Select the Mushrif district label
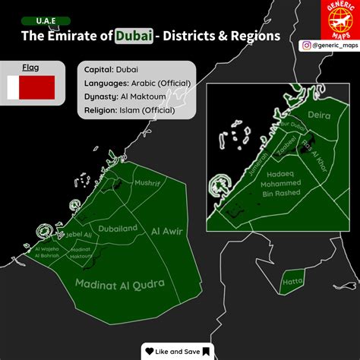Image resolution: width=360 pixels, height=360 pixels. point(147,183)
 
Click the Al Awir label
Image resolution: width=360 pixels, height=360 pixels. point(167,230)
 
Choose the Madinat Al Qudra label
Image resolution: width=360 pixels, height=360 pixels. point(120,284)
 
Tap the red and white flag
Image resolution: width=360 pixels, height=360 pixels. point(30,88)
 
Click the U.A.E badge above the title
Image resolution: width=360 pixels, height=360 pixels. point(46,21)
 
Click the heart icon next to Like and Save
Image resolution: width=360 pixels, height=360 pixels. point(150,351)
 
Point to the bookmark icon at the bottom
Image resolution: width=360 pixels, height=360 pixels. point(206,351)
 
